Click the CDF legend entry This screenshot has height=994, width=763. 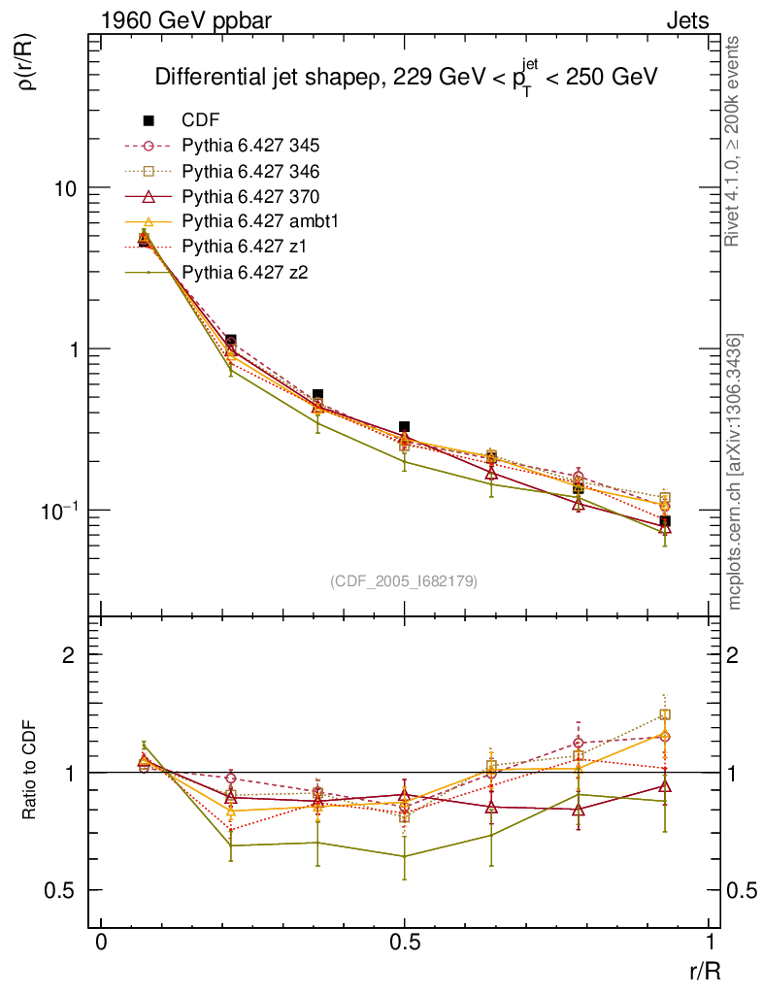(x=201, y=121)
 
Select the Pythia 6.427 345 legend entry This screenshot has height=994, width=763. (x=250, y=147)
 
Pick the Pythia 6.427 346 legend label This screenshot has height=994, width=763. (x=250, y=172)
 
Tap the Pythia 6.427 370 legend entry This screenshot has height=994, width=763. (x=250, y=197)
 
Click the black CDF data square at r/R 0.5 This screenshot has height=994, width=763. (x=405, y=427)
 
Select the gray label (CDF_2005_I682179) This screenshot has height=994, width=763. (x=404, y=580)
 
